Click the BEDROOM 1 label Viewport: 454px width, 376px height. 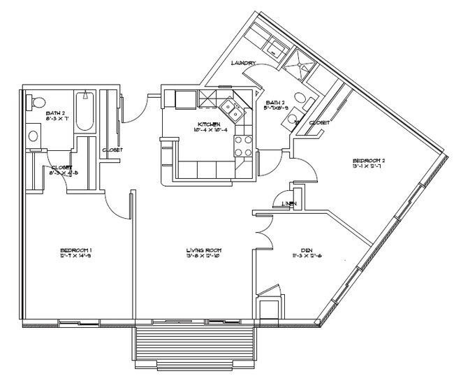76,250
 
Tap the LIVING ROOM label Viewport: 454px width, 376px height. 203,250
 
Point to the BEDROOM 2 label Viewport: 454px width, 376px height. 368,161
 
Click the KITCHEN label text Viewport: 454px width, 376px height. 208,124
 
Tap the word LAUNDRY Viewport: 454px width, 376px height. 243,64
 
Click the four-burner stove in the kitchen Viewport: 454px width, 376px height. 242,145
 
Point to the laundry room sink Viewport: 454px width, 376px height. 276,47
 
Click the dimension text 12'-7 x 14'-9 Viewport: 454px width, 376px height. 76,256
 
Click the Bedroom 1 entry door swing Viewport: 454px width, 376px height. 115,202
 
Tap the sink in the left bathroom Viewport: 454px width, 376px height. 32,136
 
